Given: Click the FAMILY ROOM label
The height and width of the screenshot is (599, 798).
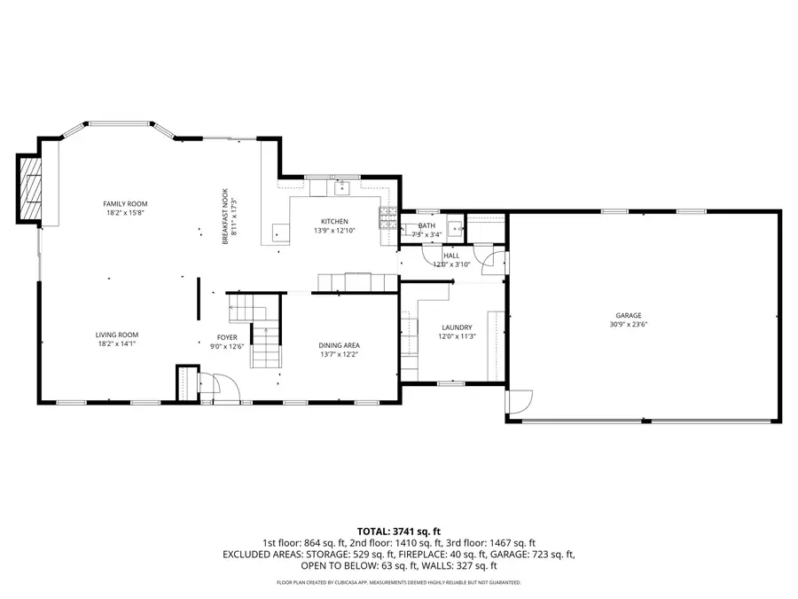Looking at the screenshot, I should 125,203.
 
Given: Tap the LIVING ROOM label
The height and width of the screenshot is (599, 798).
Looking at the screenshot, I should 116,335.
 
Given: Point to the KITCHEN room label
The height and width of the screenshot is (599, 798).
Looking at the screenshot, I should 334,221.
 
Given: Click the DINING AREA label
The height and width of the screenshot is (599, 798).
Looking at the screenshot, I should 339,345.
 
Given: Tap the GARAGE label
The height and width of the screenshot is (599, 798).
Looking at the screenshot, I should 629,315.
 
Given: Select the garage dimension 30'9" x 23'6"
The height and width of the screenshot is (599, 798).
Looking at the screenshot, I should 629,325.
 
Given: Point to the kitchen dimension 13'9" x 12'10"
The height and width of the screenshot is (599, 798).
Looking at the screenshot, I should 334,231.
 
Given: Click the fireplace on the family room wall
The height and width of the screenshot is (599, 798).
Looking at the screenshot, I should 31,187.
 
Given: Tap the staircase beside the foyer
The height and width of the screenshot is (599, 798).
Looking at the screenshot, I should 264,346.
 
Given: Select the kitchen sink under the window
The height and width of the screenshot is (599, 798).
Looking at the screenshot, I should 341,187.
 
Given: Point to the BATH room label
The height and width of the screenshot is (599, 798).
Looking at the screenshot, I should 426,226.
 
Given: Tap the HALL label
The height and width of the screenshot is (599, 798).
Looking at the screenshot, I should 451,255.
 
